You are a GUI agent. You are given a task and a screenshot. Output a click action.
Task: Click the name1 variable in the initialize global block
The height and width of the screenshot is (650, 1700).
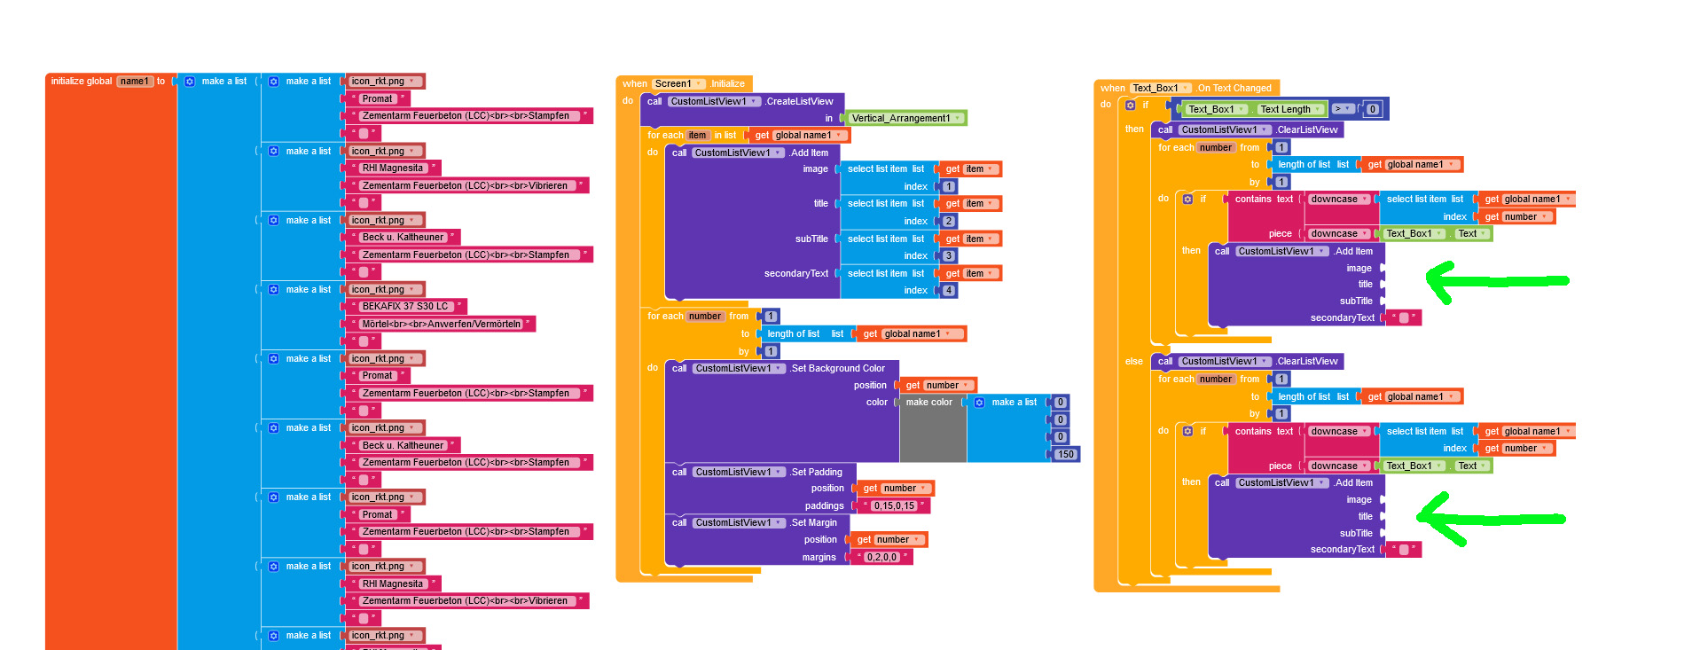[x=135, y=81]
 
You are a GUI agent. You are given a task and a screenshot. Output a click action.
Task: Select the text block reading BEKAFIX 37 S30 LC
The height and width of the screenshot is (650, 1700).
[x=405, y=307]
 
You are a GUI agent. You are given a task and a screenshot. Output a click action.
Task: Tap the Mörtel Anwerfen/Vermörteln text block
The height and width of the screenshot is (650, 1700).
[x=441, y=324]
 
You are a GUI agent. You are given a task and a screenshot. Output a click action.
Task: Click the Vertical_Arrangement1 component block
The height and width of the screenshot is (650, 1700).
[x=901, y=118]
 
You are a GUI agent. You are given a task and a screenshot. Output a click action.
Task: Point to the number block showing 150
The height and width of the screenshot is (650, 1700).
[x=1065, y=454]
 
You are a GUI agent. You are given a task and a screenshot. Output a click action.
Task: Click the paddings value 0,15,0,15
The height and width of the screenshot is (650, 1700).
[x=894, y=506]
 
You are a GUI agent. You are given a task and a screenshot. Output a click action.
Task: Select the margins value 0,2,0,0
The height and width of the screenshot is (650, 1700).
[x=881, y=558]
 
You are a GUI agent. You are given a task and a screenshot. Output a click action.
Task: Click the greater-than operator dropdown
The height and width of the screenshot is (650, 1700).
[x=1343, y=109]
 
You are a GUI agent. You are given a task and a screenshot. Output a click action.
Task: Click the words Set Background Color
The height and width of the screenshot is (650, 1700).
[x=837, y=368]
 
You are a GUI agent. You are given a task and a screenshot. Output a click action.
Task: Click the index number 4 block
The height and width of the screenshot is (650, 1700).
[x=948, y=290]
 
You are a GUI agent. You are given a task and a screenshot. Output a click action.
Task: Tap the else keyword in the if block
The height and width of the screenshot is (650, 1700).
[x=1133, y=361]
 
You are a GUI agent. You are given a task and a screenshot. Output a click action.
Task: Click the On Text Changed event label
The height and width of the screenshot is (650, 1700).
[x=1234, y=88]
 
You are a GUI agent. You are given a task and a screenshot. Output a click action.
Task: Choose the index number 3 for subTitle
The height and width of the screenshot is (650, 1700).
[x=948, y=255]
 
